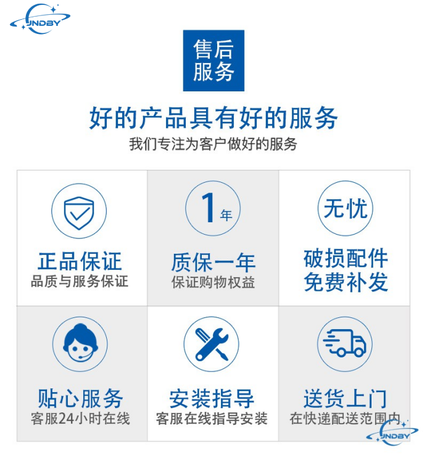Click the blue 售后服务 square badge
pos(213,61)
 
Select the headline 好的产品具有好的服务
pos(213,118)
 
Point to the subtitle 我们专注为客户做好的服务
pos(213,144)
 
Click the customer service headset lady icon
pos(80,343)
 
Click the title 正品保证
pos(80,261)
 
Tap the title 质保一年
pos(213,262)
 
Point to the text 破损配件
pos(346,258)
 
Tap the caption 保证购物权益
pos(213,283)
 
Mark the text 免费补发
pos(346,282)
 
